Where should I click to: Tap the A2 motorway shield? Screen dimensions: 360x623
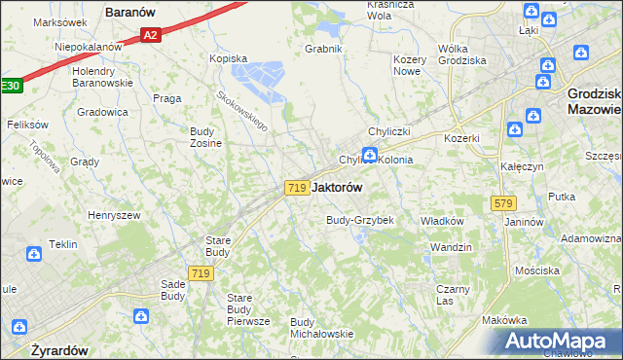[150, 36]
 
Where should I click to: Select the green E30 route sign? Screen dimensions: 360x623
[10, 87]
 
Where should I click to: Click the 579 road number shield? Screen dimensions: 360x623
[503, 202]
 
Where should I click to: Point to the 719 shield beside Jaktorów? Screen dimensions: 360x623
[298, 187]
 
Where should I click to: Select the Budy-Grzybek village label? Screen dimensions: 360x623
[359, 220]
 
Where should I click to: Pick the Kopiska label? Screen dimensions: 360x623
[229, 58]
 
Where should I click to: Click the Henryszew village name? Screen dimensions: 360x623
[114, 215]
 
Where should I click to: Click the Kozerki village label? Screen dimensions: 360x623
[461, 138]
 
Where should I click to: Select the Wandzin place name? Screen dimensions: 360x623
[451, 247]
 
